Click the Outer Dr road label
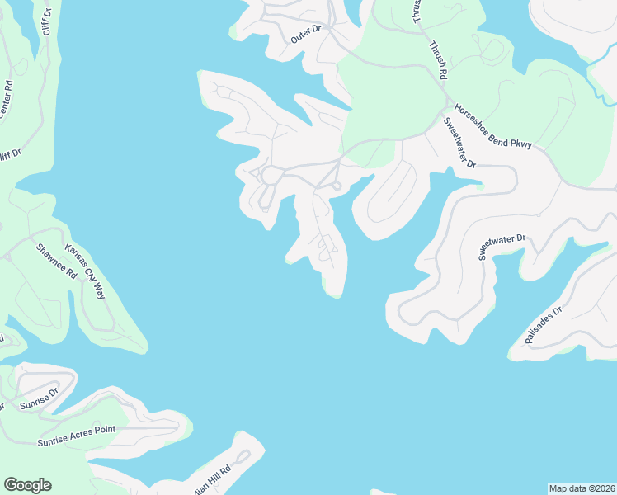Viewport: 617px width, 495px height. [x=310, y=34]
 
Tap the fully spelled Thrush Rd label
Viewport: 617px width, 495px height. [x=436, y=59]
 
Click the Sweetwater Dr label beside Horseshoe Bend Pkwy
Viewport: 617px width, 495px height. [x=459, y=143]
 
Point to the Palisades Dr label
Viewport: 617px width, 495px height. [x=542, y=325]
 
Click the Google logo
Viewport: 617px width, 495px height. [x=27, y=485]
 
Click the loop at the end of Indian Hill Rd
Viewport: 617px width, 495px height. [x=243, y=456]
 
